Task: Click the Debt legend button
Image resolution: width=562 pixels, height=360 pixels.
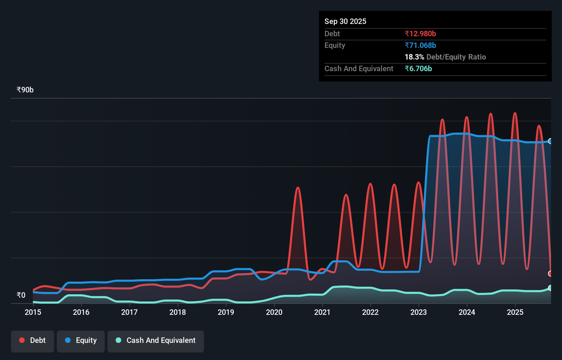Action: coord(33,340)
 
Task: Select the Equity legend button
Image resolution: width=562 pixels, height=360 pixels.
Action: coord(81,340)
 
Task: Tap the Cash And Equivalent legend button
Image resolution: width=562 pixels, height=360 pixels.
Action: coord(156,340)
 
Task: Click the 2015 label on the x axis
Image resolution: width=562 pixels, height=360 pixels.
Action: coord(33,312)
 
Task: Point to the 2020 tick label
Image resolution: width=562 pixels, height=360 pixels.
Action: coord(274,312)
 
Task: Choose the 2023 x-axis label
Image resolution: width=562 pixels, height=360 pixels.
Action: coord(419,312)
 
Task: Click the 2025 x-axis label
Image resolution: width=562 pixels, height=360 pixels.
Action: coord(515,312)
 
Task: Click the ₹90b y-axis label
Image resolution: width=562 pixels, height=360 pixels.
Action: coord(25,90)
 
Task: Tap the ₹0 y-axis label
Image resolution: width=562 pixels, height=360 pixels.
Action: coord(21,295)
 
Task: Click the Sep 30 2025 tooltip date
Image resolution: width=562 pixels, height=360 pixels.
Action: coord(345,21)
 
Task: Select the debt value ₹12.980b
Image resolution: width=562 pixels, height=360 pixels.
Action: coord(420,34)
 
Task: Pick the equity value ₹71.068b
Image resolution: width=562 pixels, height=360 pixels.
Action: coord(420,45)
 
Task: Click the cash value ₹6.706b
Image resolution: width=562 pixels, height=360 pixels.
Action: coord(418,68)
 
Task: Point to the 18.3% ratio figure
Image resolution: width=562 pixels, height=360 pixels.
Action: coord(414,57)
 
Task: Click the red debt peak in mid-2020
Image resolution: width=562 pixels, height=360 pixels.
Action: coord(298,188)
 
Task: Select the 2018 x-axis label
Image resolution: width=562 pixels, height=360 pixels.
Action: coord(178,312)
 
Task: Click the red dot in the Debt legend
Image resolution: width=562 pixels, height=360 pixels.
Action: coord(22,340)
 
